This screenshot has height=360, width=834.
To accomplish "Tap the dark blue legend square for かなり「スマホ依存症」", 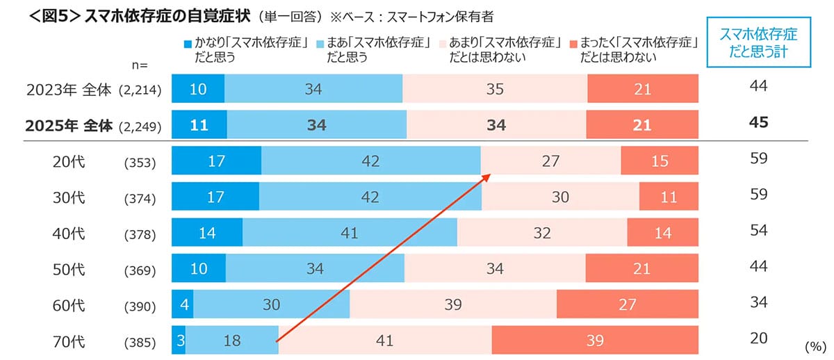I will tap(187, 44).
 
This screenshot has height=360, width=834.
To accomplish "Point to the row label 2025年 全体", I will tap(66, 126).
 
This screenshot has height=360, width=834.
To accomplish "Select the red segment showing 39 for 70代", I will tap(594, 341).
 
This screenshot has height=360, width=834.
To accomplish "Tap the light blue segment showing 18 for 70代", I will tap(232, 341).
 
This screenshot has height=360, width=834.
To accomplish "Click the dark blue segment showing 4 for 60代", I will tap(182, 304).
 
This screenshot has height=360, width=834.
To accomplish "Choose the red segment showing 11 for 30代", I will tap(668, 197).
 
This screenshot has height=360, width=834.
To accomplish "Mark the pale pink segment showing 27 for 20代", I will tap(551, 161).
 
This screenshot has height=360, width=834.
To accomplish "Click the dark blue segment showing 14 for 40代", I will tap(207, 233).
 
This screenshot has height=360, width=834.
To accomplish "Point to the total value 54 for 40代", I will tap(759, 230).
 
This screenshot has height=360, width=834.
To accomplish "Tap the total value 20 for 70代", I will tap(759, 338).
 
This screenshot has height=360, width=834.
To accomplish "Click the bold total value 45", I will tap(759, 122).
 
